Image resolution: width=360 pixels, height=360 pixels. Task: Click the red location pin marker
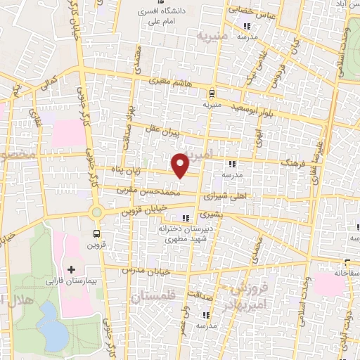click(x=181, y=165)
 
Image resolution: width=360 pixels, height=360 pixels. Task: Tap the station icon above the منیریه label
click(x=212, y=92)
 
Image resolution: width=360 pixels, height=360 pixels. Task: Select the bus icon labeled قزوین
click(x=96, y=233)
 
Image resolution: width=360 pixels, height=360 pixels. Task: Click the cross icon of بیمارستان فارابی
click(x=71, y=269)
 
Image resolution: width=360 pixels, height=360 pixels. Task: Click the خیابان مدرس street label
click(x=143, y=270)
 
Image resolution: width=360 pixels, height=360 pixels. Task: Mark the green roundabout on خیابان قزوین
click(x=96, y=212)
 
